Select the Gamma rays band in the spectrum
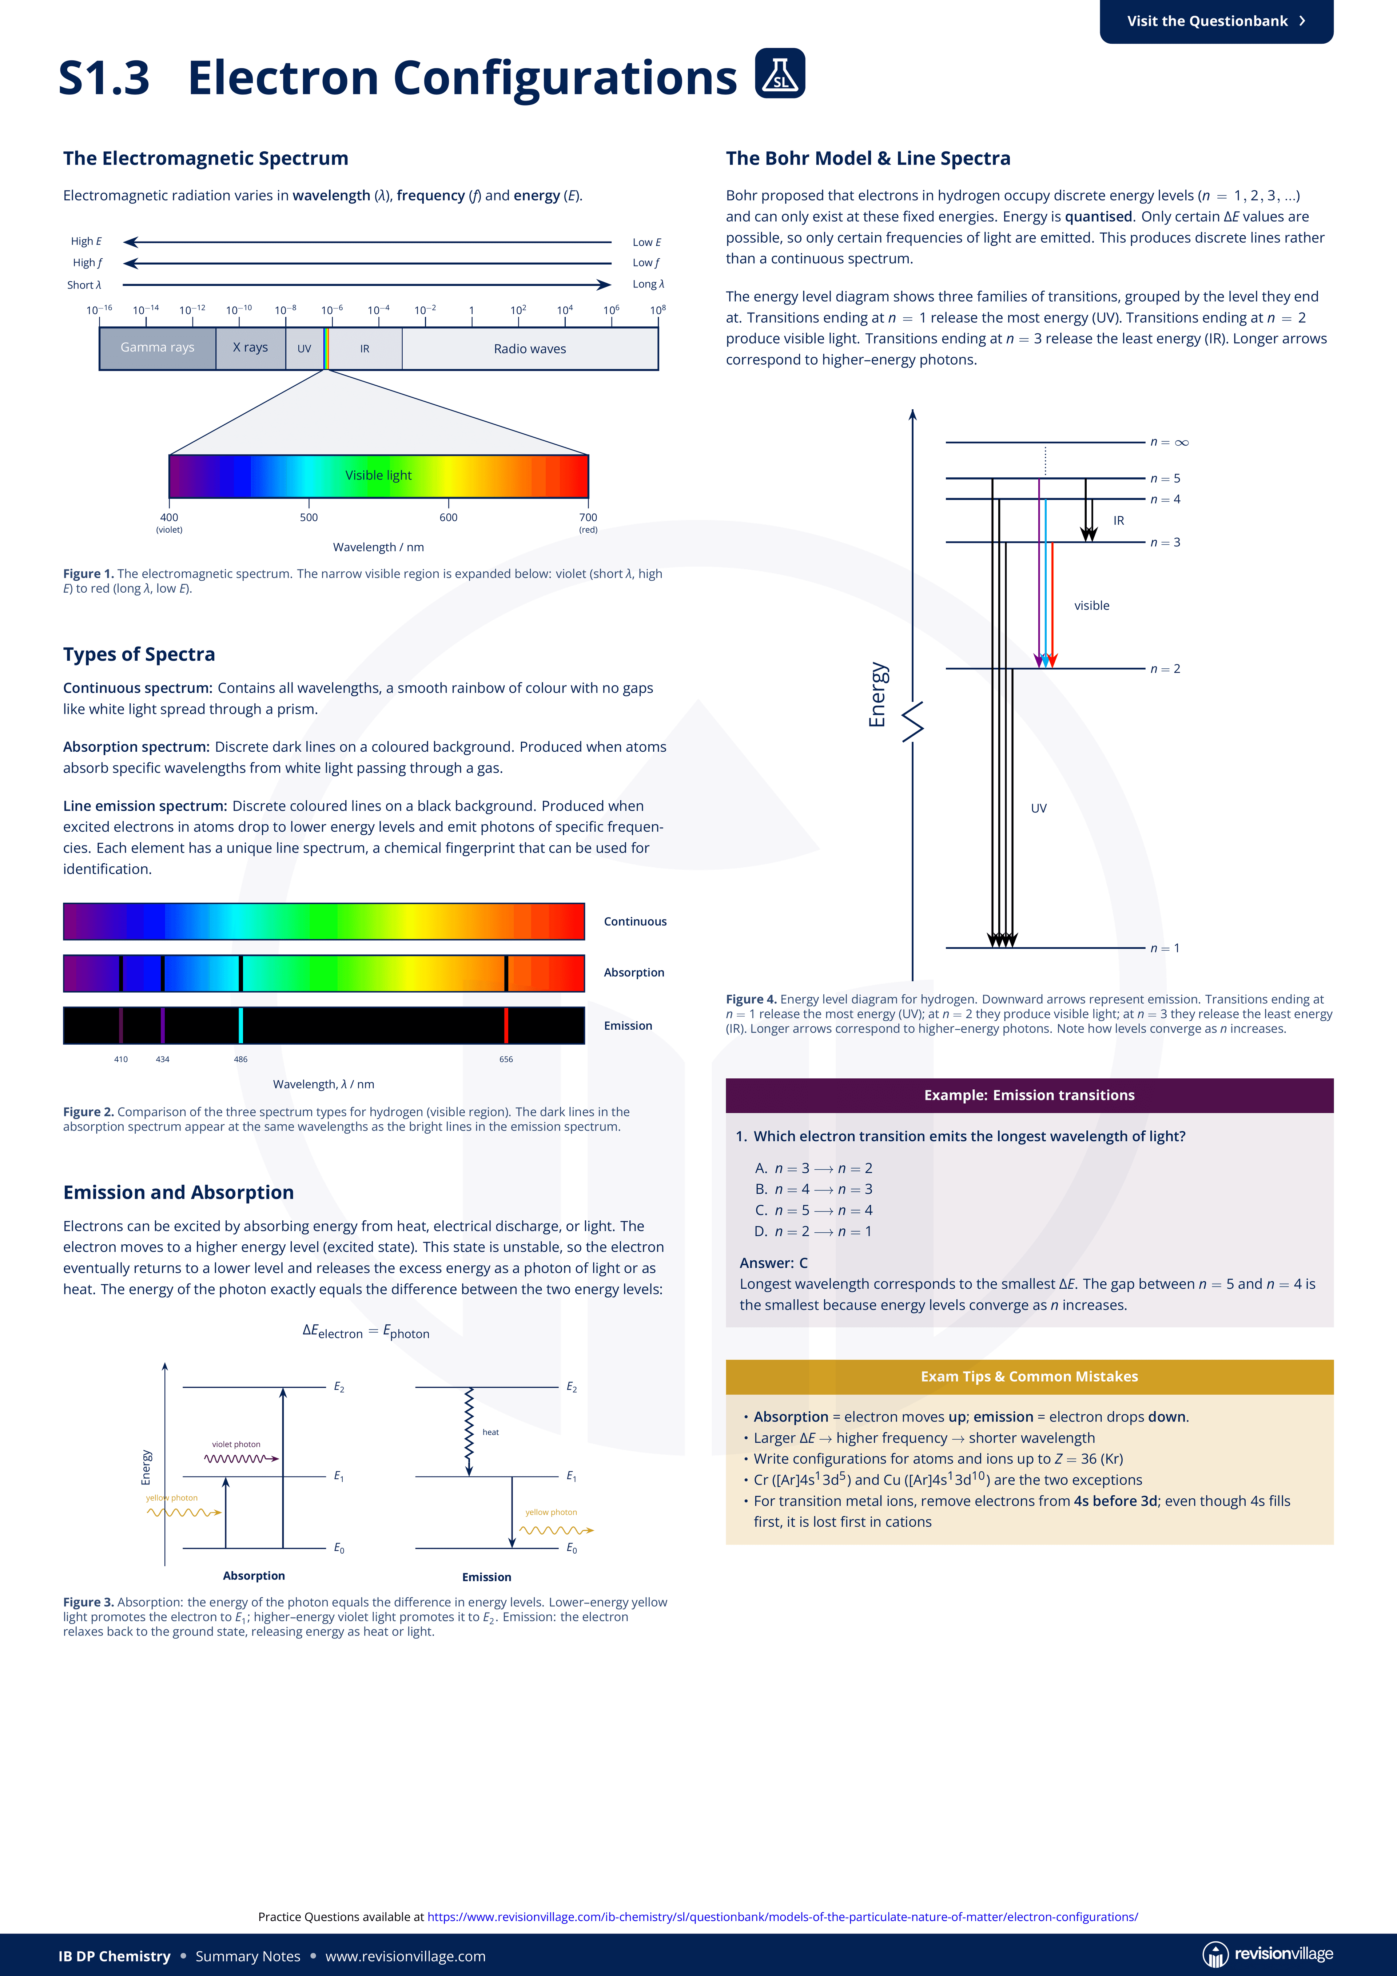click(x=158, y=348)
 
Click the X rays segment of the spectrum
click(x=251, y=348)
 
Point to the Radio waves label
click(x=530, y=349)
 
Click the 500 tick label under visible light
click(x=309, y=517)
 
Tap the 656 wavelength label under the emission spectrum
click(x=506, y=1059)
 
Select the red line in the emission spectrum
click(x=506, y=1025)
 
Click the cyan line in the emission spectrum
click(x=241, y=1025)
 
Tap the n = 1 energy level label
click(x=1166, y=949)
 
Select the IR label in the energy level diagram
click(x=1119, y=521)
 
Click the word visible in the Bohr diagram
click(x=1091, y=606)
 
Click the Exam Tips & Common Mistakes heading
click(x=1030, y=1376)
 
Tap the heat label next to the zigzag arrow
click(x=491, y=1432)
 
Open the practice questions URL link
click(x=783, y=1917)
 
